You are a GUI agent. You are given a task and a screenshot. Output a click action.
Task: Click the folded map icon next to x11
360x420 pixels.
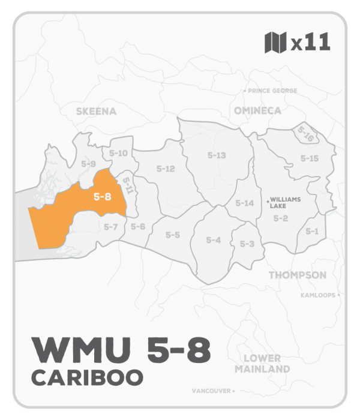(x=275, y=43)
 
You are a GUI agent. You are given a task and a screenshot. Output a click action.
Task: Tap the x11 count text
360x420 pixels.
(x=310, y=43)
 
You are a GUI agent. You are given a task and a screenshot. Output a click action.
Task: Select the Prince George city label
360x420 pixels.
(x=271, y=91)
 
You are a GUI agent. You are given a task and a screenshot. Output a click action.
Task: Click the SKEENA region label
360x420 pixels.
(x=96, y=111)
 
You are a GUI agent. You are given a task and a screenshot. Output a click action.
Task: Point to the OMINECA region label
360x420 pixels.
(x=259, y=111)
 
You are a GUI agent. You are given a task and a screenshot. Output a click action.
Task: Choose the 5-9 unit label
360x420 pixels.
(x=88, y=163)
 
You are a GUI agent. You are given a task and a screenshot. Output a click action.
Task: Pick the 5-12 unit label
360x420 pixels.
(x=165, y=169)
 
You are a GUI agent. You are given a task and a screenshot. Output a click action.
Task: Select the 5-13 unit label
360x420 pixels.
(x=216, y=155)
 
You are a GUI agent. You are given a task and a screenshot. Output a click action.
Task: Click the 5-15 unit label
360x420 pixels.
(x=309, y=158)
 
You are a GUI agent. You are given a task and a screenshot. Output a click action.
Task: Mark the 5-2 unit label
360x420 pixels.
(x=281, y=218)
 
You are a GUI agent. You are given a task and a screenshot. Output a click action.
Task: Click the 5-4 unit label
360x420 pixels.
(x=214, y=240)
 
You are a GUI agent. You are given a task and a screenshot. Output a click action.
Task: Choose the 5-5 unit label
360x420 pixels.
(x=173, y=234)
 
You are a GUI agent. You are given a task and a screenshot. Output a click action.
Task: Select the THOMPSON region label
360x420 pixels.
(x=297, y=275)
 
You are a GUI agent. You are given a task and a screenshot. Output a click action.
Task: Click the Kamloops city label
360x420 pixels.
(x=319, y=295)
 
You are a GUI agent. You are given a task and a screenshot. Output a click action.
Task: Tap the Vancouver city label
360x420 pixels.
(x=211, y=391)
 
